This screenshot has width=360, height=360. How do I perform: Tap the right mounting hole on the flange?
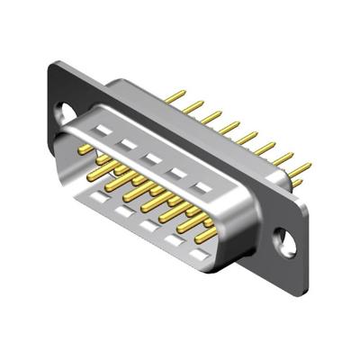pyautogui.click(x=286, y=238)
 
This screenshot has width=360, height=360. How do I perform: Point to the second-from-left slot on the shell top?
pyautogui.click(x=128, y=144)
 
